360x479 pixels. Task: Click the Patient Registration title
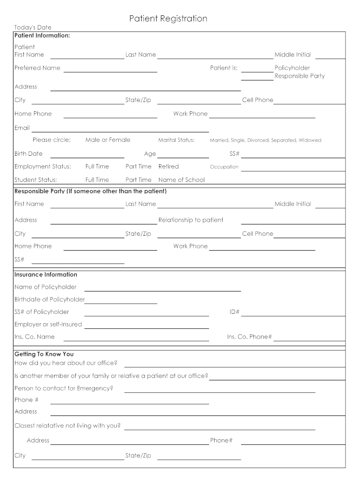168,19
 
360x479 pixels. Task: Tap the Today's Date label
33,28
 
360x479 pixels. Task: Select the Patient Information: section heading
42,35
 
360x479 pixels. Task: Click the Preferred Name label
37,68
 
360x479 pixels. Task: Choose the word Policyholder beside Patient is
292,68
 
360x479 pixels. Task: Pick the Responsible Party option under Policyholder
299,76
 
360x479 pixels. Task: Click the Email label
22,128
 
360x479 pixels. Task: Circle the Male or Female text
108,140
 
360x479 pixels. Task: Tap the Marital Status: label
176,140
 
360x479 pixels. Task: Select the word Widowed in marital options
310,140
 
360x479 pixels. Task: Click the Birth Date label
29,153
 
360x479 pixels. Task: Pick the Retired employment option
168,167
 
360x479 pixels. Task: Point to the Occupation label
224,167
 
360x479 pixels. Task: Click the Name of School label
181,180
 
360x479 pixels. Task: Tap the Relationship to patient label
191,220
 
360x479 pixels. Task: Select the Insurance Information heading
46,275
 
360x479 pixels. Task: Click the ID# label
234,312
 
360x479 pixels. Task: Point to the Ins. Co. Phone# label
249,337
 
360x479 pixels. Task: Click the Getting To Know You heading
44,354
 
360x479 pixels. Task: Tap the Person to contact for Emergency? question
64,388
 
